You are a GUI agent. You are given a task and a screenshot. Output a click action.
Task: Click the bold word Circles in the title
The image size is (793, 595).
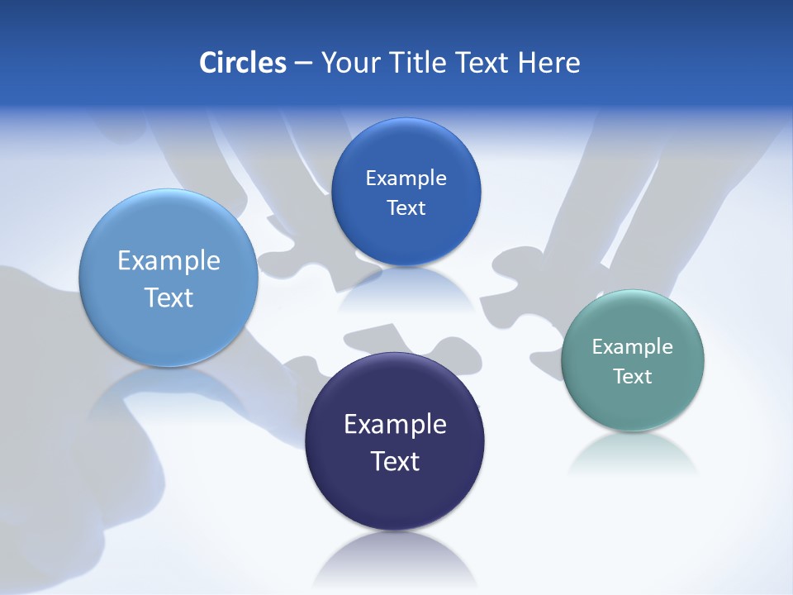point(242,63)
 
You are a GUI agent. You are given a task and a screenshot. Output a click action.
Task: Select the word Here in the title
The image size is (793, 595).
point(549,63)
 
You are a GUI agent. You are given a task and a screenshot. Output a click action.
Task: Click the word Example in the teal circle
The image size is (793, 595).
point(633,347)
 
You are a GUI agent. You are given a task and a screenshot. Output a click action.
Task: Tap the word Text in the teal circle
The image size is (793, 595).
point(633,377)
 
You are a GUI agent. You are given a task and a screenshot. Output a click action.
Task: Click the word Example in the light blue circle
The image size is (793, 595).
point(169,261)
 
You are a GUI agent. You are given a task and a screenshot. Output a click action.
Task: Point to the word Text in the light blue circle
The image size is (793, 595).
point(169,297)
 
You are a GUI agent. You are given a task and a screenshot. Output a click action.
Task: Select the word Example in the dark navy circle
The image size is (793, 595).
point(395,425)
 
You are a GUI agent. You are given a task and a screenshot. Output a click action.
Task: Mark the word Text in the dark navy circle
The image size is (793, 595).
point(395,461)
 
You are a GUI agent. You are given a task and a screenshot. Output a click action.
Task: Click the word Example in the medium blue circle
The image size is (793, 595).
point(406,178)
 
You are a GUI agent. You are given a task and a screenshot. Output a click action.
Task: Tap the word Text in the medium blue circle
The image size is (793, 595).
point(406,208)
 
